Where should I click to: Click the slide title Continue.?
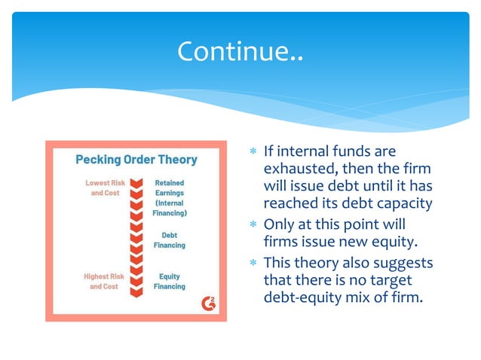coord(240,51)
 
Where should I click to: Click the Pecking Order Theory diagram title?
coord(136,160)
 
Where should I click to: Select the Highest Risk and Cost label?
coord(104,282)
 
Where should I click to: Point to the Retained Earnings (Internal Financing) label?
coord(170,198)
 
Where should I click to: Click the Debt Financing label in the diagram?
coord(170,240)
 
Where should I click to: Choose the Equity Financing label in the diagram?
coord(170,282)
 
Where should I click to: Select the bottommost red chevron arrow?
coord(136,287)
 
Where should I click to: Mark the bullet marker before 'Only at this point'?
coord(253,225)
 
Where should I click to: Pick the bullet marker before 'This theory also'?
coord(253,263)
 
